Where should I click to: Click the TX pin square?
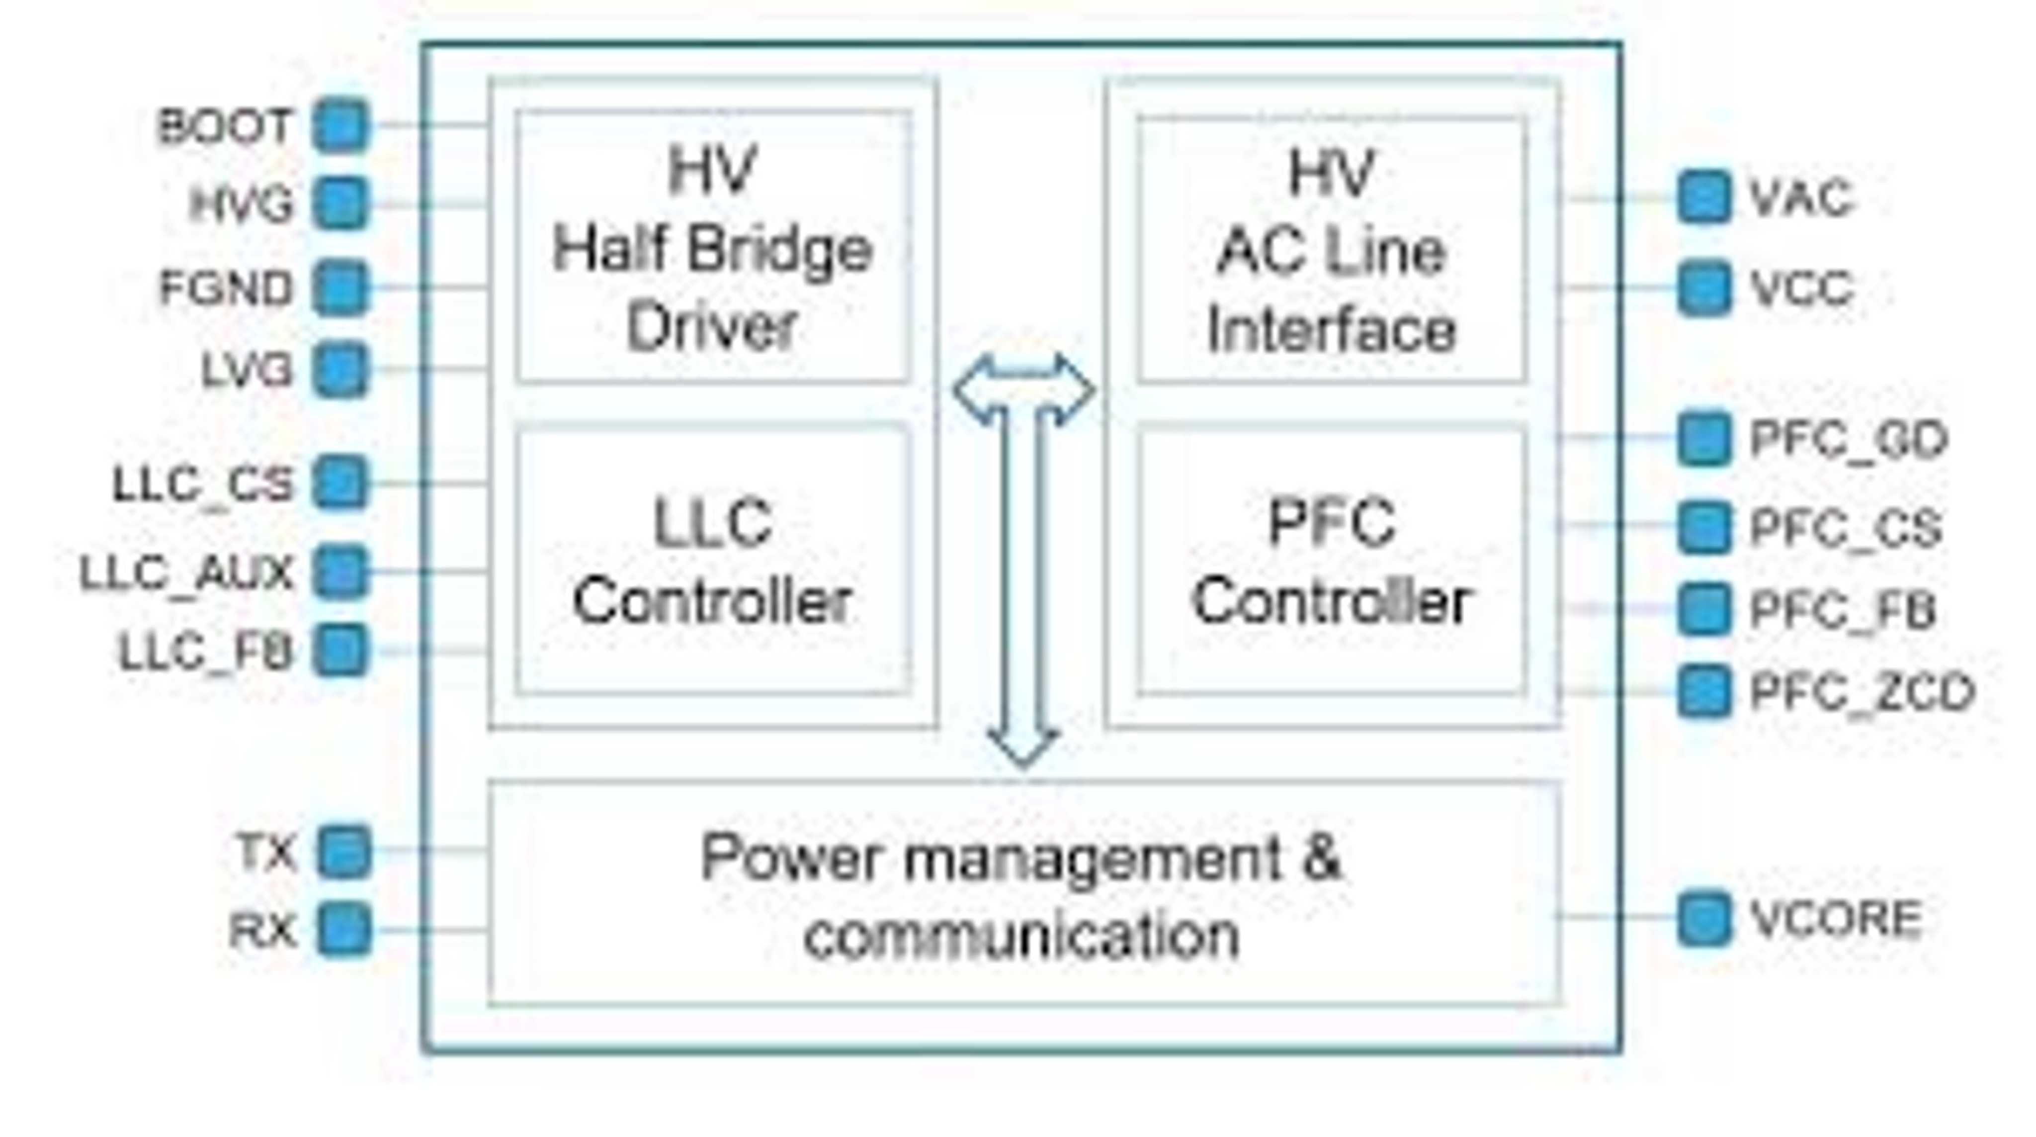pos(344,852)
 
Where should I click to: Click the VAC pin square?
pos(1703,197)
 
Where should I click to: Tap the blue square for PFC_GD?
pos(1703,438)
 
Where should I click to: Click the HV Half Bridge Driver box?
pos(712,247)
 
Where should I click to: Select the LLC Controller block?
pos(712,562)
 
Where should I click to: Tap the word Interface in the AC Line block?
pos(1332,329)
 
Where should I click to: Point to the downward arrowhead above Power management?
pos(1023,747)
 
